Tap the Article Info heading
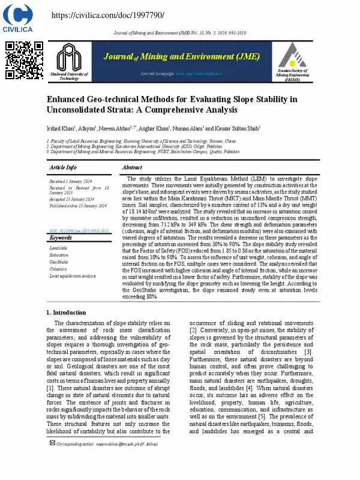click(63, 167)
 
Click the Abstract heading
click(131, 167)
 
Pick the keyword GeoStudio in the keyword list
click(59, 262)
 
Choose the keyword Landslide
click(58, 248)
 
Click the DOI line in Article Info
click(79, 230)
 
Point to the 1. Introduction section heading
click(66, 313)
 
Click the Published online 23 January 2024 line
click(78, 205)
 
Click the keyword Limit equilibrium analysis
click(73, 276)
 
